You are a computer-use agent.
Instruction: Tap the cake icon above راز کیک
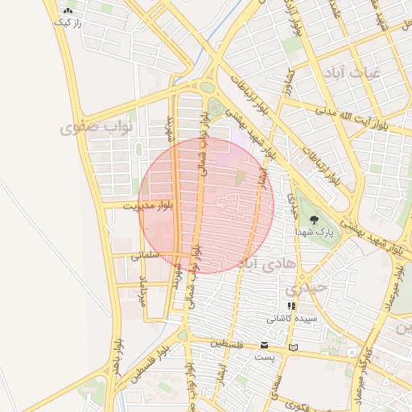(67, 10)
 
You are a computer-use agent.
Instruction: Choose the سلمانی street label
(146, 255)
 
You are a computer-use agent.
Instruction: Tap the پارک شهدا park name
(315, 232)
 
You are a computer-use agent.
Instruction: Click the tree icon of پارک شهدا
(314, 219)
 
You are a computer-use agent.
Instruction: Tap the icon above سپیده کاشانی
(291, 307)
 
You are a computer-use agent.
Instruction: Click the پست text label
(265, 356)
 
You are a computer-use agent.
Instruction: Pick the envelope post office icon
(265, 344)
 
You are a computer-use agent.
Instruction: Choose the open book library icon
(292, 348)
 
